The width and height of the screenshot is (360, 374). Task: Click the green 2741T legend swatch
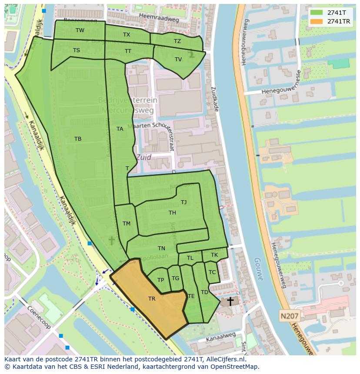click(x=317, y=13)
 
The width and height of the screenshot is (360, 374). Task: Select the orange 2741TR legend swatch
click(x=317, y=21)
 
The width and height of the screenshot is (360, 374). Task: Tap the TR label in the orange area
click(x=152, y=299)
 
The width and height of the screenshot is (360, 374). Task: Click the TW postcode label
click(x=80, y=30)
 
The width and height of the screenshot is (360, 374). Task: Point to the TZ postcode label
click(x=177, y=41)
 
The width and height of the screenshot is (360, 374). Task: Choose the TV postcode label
click(x=178, y=60)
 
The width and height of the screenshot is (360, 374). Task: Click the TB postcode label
click(x=78, y=139)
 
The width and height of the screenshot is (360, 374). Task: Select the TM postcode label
click(x=127, y=224)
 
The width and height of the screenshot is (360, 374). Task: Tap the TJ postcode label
click(x=184, y=202)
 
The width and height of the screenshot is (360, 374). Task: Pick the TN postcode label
click(x=161, y=248)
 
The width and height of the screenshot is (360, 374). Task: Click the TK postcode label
click(x=214, y=255)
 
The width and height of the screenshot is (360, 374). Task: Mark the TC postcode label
click(x=212, y=272)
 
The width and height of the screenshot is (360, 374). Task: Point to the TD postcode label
click(x=204, y=292)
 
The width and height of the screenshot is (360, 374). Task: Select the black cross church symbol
click(x=230, y=301)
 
